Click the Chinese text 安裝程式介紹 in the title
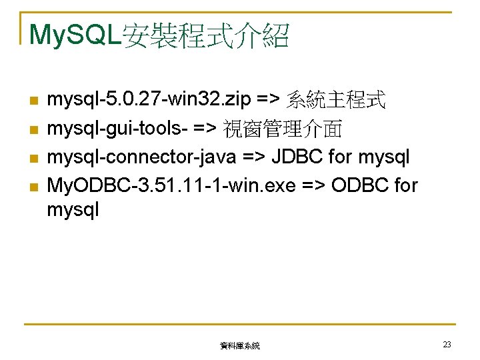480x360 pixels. tap(205, 35)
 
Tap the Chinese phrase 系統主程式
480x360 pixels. tap(336, 101)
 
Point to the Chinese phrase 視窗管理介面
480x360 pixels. tap(283, 129)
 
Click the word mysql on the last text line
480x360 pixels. tap(73, 211)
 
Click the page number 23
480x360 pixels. tap(447, 345)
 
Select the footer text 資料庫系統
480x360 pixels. tap(239, 346)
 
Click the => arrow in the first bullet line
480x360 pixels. tap(268, 101)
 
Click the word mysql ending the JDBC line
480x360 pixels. tap(384, 157)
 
